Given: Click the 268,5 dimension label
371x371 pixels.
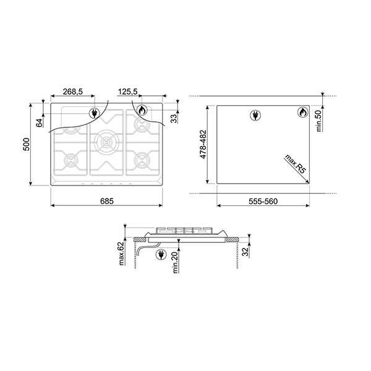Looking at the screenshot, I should click(72, 92).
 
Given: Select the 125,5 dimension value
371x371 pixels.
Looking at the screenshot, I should click(128, 92).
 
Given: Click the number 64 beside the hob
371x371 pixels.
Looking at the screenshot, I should click(40, 122).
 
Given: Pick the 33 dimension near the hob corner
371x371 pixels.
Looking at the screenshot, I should click(174, 118).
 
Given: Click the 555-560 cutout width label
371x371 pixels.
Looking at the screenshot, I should click(262, 202).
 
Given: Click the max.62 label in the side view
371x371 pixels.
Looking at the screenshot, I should click(122, 254).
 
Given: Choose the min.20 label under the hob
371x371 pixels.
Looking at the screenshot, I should click(176, 263).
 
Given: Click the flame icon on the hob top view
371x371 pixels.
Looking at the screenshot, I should click(142, 112).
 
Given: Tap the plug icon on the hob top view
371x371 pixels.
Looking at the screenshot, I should click(94, 113).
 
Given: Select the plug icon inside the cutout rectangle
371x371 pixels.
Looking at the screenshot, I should click(255, 114).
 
